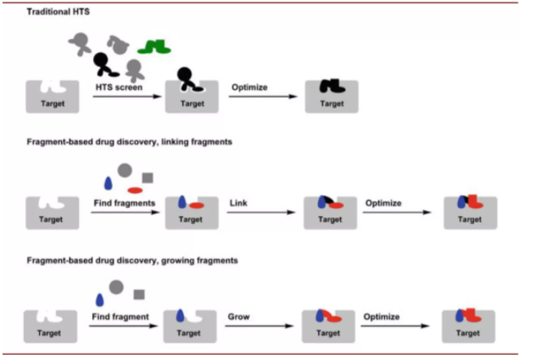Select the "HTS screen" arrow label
[x=117, y=86]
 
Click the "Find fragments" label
[x=122, y=203]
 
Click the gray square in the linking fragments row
[x=148, y=178]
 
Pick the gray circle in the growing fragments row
[x=116, y=287]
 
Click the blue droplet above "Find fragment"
[x=99, y=299]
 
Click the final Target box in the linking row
[x=469, y=213]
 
